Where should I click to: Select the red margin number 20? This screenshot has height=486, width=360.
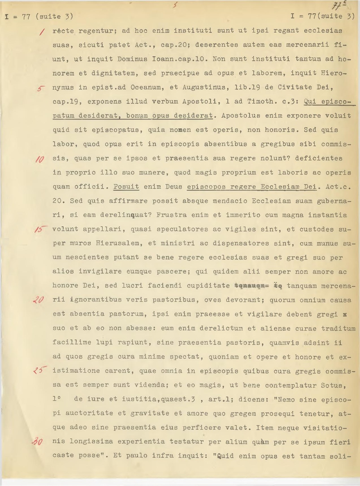[x=38, y=300]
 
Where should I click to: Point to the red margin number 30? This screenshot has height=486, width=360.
[x=37, y=442]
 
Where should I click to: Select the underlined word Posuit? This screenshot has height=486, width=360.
[x=126, y=187]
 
